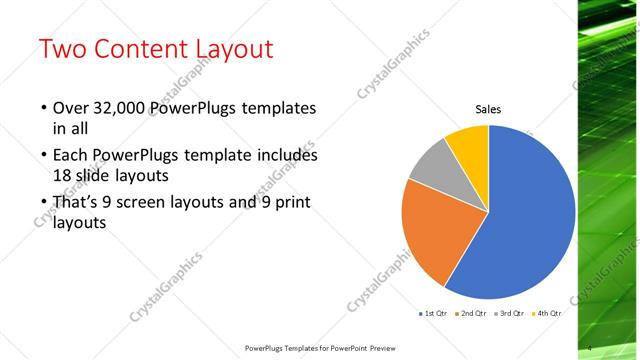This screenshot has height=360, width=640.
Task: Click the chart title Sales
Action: coord(487,109)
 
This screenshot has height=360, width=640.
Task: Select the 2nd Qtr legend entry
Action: coord(471,314)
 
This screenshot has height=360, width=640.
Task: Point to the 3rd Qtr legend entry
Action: coord(509,314)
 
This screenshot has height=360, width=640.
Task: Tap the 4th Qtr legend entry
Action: coord(546,314)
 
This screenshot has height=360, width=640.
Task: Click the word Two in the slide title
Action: coord(63,49)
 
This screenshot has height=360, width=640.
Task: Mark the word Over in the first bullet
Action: coord(70,108)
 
